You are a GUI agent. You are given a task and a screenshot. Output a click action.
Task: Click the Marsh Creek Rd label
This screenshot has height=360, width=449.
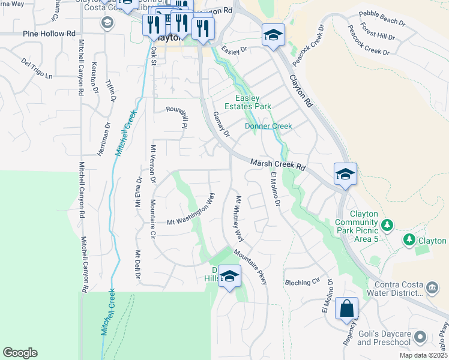click(279, 164)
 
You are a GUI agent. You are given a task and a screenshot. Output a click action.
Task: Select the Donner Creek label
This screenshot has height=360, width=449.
click(268, 126)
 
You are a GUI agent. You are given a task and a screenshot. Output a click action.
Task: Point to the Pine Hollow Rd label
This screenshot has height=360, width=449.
click(50, 34)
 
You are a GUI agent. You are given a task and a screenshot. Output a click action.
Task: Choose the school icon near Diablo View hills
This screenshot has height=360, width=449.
click(229, 276)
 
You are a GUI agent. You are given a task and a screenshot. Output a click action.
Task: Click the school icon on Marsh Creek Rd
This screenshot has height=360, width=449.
click(345, 174)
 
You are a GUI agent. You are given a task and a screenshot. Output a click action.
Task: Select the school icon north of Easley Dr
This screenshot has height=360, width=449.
click(273, 35)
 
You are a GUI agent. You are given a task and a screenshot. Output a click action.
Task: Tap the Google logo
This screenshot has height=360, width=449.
click(20, 353)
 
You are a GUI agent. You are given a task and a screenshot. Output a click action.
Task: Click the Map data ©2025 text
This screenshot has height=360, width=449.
click(423, 355)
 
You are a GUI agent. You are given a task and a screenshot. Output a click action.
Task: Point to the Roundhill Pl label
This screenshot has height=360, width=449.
click(177, 115)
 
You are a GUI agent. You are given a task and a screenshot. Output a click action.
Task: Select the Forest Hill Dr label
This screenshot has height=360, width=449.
click(378, 31)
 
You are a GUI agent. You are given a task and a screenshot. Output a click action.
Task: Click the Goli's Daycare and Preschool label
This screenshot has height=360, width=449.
click(382, 338)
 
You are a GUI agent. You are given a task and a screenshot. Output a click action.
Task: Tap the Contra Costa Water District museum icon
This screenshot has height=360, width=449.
click(432, 289)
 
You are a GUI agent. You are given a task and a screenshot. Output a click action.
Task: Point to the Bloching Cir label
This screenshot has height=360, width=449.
click(303, 282)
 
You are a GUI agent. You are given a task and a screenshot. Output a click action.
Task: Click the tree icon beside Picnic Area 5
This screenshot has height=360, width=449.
click(387, 225)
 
